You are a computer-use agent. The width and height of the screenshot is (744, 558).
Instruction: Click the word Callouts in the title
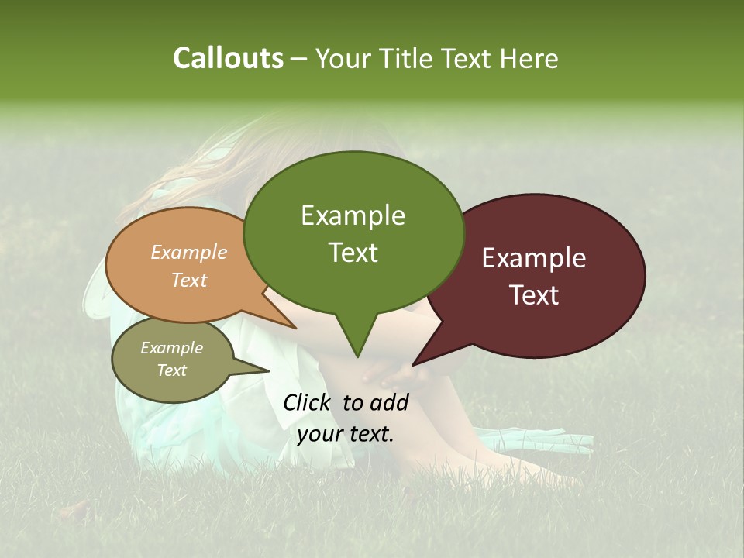pyautogui.click(x=228, y=58)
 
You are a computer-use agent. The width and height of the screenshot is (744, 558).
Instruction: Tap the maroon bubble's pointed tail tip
pyautogui.click(x=413, y=365)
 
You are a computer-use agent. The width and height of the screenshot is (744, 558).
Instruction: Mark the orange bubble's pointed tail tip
pyautogui.click(x=296, y=329)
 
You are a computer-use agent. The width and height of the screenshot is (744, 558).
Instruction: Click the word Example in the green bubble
pyautogui.click(x=353, y=215)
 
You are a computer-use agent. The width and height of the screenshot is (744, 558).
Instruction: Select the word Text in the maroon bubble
pyautogui.click(x=534, y=295)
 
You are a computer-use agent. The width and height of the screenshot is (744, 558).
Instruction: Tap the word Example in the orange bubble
pyautogui.click(x=189, y=253)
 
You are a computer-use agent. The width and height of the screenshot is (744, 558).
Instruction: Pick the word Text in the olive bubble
pyautogui.click(x=172, y=370)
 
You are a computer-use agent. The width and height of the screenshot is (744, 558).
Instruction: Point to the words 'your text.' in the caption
pyautogui.click(x=346, y=434)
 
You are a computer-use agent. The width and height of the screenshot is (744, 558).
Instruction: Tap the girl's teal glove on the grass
pyautogui.click(x=542, y=439)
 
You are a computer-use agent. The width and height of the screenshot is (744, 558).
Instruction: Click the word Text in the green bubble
pyautogui.click(x=353, y=253)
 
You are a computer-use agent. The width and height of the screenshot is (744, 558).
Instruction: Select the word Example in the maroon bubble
pyautogui.click(x=534, y=258)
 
